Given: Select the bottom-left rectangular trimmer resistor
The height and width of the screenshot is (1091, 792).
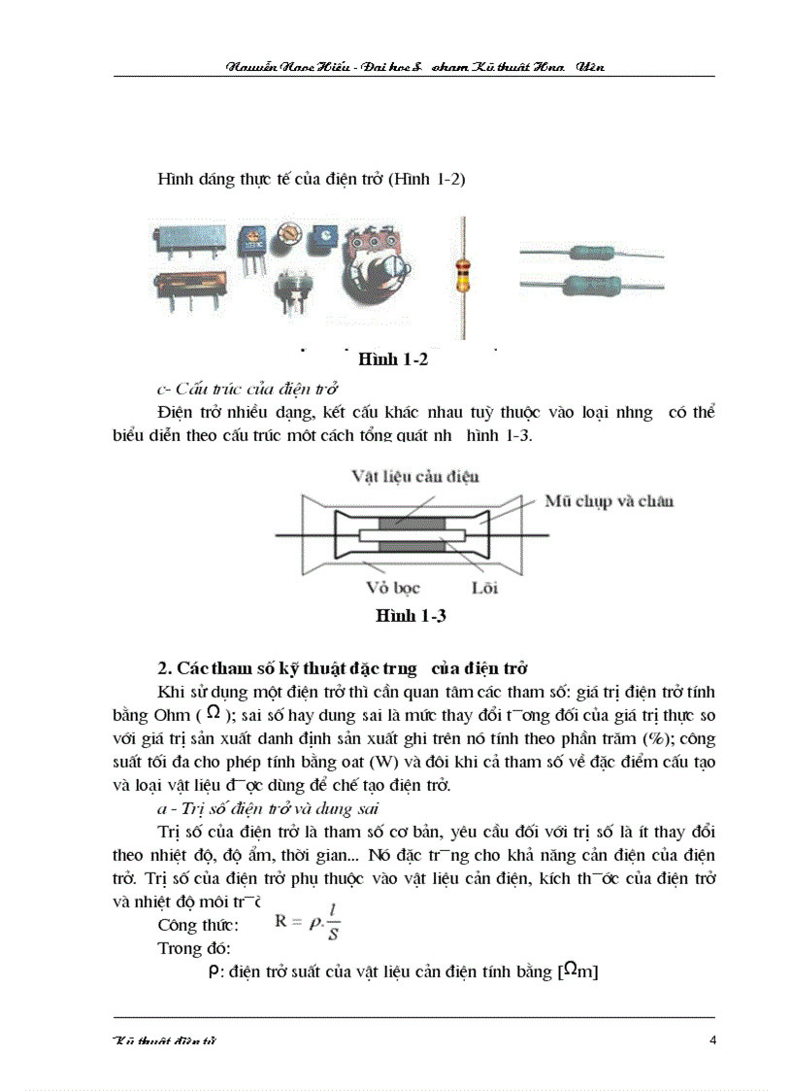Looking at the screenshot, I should (x=189, y=290).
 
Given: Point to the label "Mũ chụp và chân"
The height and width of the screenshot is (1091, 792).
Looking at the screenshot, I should (x=609, y=500).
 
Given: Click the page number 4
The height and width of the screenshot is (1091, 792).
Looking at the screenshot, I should (x=713, y=1041).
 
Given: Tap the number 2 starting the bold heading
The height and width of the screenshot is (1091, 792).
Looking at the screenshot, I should (x=162, y=668).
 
